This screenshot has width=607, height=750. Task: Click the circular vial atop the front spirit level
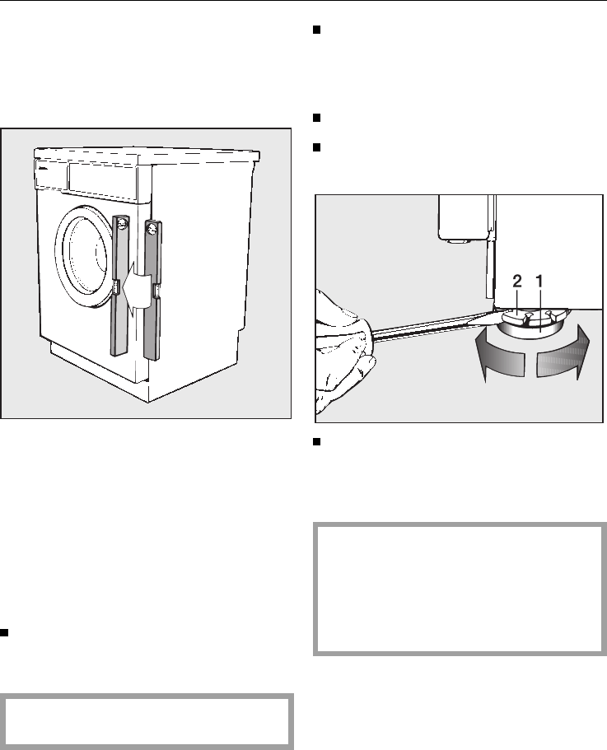click(123, 222)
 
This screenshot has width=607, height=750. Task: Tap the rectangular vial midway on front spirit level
click(117, 287)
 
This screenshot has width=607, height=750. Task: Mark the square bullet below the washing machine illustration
click(5, 633)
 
